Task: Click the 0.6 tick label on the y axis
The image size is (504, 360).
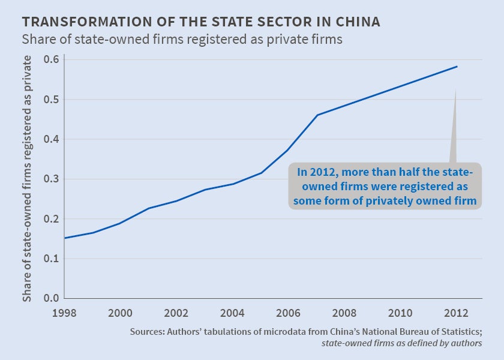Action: (x=50, y=59)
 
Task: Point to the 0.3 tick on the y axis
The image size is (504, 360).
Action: (x=50, y=179)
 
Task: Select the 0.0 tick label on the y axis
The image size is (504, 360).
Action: (x=50, y=298)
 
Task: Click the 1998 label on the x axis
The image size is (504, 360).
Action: (x=64, y=313)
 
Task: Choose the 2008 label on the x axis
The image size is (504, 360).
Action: (x=343, y=313)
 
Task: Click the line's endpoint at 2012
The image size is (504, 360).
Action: (x=457, y=67)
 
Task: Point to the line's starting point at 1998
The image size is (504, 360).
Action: (x=64, y=238)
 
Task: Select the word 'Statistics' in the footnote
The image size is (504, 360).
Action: (x=457, y=332)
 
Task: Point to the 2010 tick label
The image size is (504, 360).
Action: (x=400, y=313)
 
